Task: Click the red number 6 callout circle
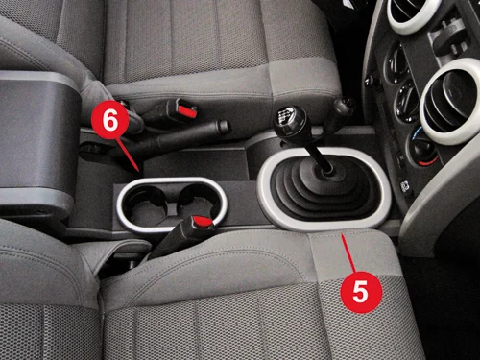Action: tap(109, 120)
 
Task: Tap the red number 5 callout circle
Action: tap(361, 292)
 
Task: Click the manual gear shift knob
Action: tap(290, 122)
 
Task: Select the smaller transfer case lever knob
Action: tap(344, 108)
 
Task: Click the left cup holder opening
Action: tap(145, 204)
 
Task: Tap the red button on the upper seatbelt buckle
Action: tap(187, 110)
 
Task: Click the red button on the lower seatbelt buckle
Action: tap(204, 221)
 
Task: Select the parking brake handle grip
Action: tap(180, 137)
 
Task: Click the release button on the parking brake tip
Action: tap(225, 127)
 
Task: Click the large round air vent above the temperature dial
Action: tap(451, 102)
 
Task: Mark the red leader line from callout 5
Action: tap(348, 252)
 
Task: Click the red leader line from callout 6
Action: tap(128, 155)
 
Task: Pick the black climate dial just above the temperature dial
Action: tap(407, 100)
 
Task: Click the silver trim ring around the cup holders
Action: tap(172, 180)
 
